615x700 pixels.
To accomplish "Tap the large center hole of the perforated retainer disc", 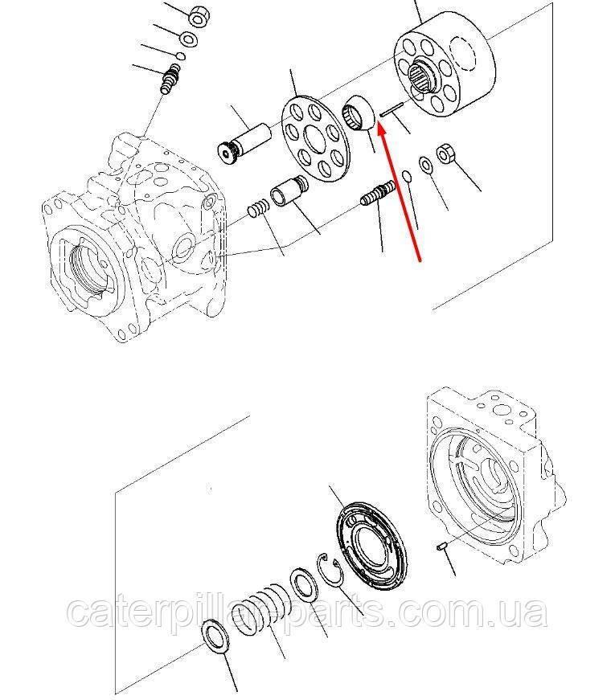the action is click(317, 138).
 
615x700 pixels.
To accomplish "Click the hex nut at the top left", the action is click(199, 16).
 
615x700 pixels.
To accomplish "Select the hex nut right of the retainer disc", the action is click(445, 154).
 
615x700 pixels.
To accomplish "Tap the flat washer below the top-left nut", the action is click(188, 39).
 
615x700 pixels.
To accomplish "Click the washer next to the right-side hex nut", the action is click(425, 166).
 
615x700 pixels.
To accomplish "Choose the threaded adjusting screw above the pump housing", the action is click(170, 78).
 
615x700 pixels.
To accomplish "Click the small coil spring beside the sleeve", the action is click(259, 208).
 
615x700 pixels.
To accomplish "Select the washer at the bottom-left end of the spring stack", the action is click(216, 637).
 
